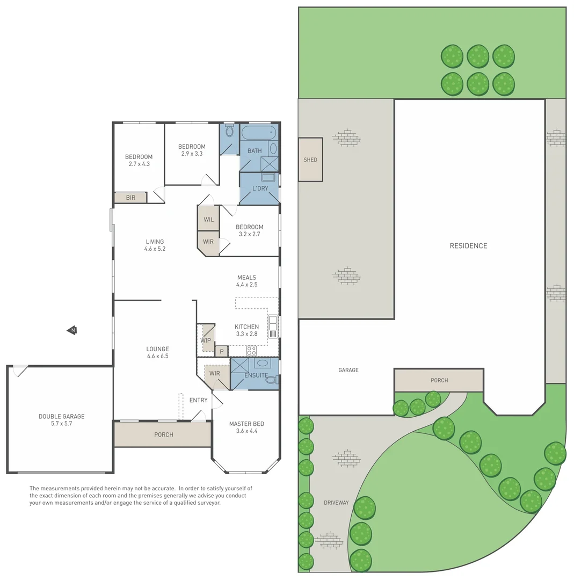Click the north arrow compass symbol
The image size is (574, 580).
click(71, 330)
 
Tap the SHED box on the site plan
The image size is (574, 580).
click(310, 160)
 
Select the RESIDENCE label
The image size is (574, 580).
click(468, 246)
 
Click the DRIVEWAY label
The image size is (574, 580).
click(336, 503)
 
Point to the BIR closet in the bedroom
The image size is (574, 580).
click(130, 198)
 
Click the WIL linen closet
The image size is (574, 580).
click(208, 219)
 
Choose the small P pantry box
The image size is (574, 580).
click(221, 352)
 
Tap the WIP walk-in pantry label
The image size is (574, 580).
click(206, 340)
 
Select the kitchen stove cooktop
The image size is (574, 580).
click(251, 351)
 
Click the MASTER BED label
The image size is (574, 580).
click(246, 424)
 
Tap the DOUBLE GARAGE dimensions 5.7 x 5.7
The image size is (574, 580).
click(61, 423)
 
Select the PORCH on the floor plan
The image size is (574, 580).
click(163, 434)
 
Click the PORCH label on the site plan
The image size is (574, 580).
click(439, 380)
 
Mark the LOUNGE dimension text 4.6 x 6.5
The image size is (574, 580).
click(157, 356)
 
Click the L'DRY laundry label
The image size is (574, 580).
click(260, 189)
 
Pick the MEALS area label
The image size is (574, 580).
click(247, 278)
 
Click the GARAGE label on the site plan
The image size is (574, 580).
click(348, 370)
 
